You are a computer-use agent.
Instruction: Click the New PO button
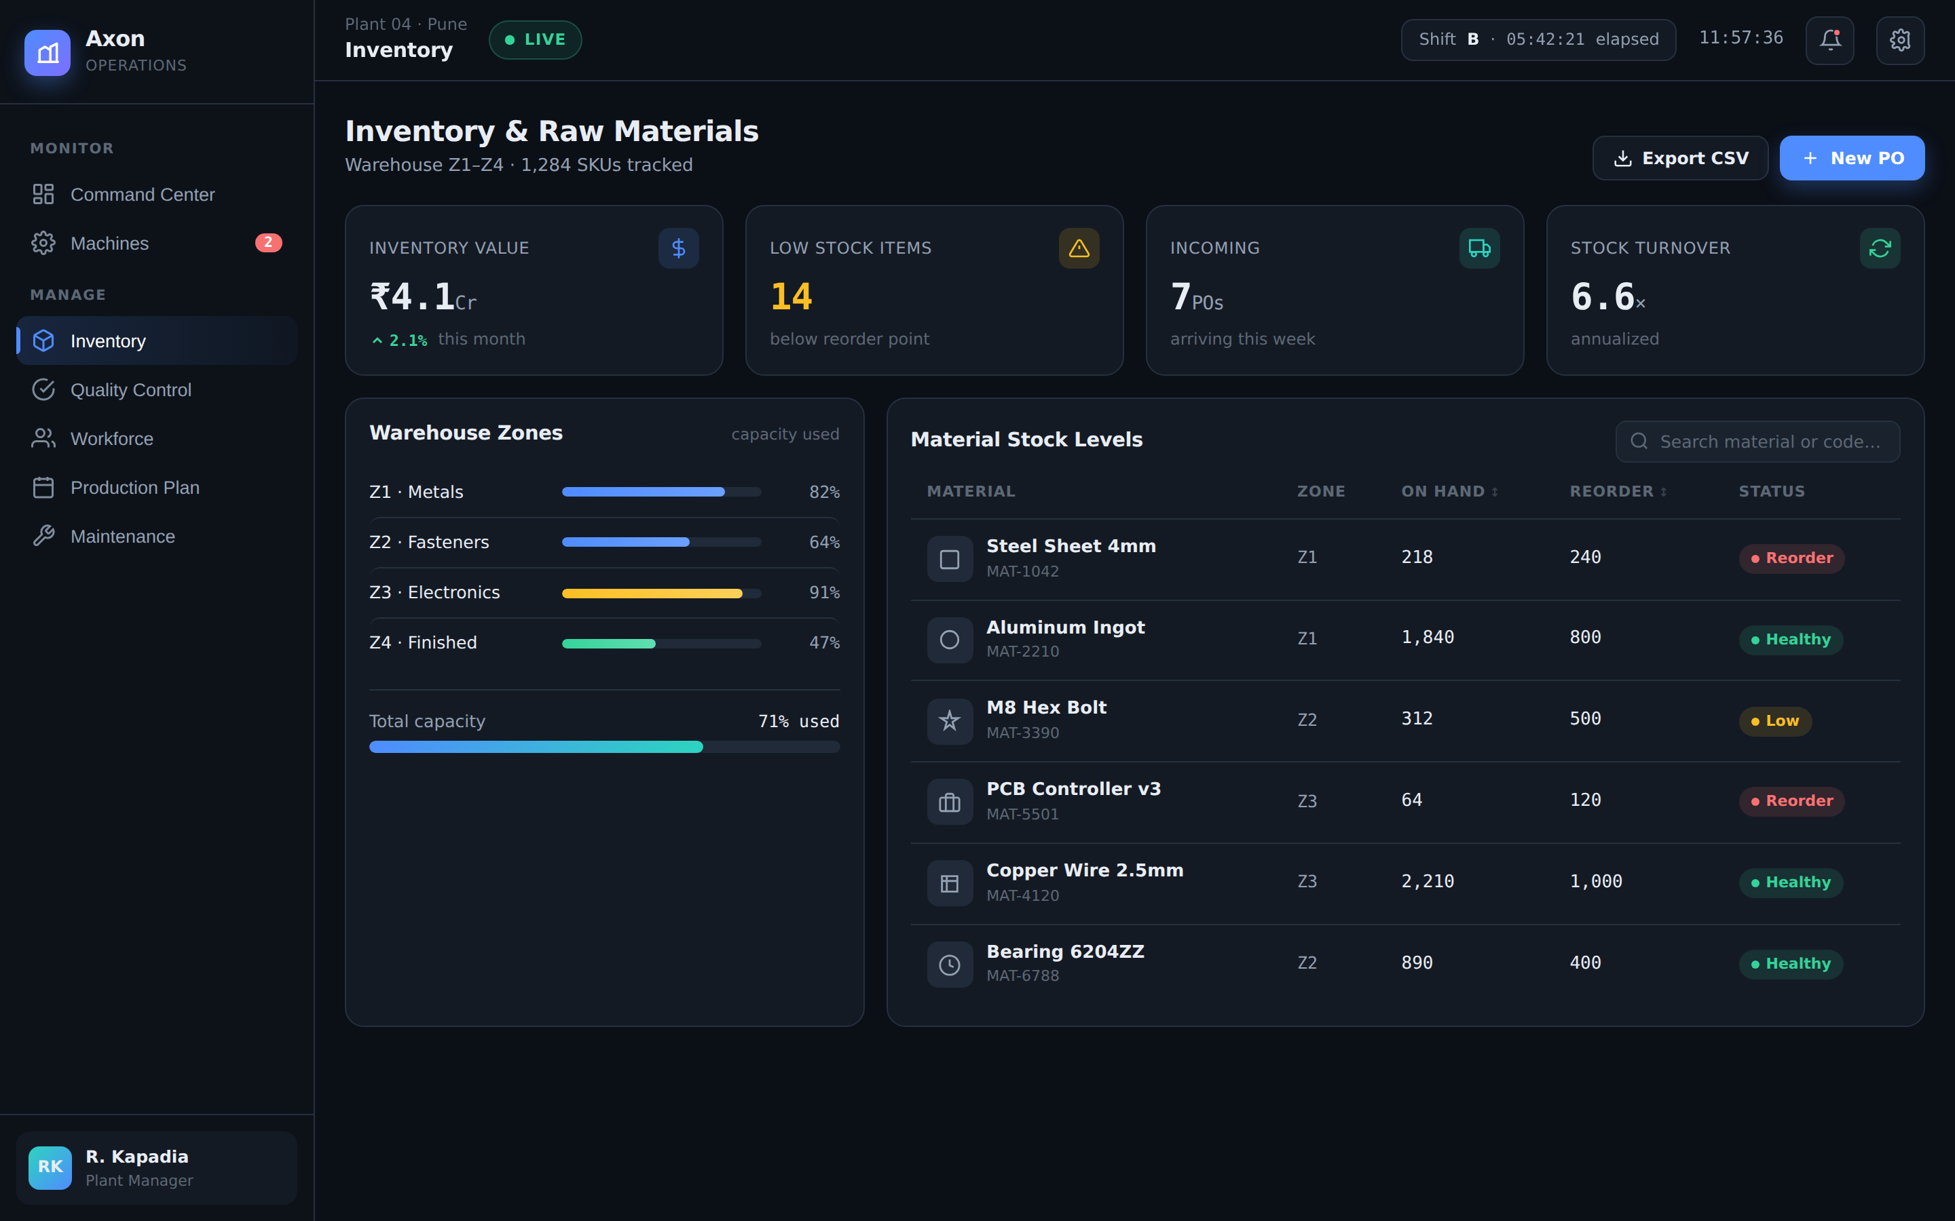tap(1852, 158)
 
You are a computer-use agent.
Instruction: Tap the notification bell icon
tap(1830, 39)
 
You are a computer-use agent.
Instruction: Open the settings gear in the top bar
tap(1900, 39)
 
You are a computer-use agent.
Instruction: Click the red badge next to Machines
tap(268, 242)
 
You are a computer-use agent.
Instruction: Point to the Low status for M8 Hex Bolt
tap(1775, 721)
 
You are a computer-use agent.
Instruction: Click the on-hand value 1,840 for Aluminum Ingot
tap(1428, 638)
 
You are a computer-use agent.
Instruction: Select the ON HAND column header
tap(1449, 491)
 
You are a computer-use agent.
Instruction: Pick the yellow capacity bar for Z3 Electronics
tap(652, 594)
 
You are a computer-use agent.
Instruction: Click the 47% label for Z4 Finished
tap(824, 643)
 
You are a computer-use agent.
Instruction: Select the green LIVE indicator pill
tap(535, 39)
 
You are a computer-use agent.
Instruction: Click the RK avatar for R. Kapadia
tap(50, 1167)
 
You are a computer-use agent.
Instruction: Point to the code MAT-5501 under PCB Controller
tap(1022, 814)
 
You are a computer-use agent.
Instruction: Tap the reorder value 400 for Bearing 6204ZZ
tap(1585, 963)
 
